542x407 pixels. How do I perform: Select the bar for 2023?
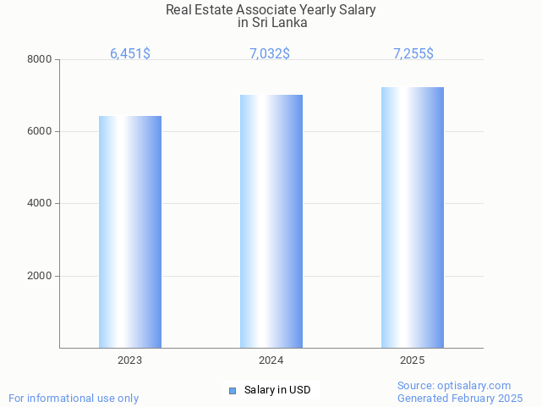pos(130,231)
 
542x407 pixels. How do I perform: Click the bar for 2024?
pos(271,221)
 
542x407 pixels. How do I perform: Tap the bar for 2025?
pos(413,217)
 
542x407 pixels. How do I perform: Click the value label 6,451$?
pos(130,53)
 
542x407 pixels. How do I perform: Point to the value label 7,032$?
pos(270,53)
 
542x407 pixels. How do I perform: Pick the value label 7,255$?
pos(413,53)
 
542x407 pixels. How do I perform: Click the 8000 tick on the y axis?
pos(41,59)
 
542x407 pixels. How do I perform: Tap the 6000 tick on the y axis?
pos(41,132)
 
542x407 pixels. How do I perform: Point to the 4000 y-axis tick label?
pos(41,204)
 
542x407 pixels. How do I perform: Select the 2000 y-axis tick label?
pos(41,277)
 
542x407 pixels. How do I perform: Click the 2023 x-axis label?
pos(130,360)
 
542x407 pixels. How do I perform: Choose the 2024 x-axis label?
pos(271,360)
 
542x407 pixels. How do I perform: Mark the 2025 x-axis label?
pos(413,360)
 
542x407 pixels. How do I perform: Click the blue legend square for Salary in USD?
pos(233,390)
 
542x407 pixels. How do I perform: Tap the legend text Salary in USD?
pos(277,390)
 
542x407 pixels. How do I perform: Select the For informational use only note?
pos(74,398)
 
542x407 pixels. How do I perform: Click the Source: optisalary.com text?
pos(454,385)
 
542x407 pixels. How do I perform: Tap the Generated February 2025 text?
pos(460,398)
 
